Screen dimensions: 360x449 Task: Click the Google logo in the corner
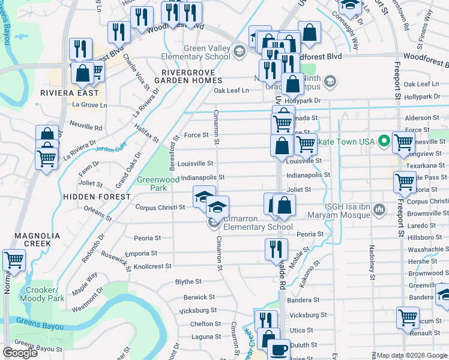(20, 353)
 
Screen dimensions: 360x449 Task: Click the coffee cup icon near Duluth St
(278, 350)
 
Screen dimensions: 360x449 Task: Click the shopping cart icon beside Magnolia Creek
(14, 260)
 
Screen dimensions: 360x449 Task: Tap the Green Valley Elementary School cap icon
(240, 51)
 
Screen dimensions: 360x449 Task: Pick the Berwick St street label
(199, 297)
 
